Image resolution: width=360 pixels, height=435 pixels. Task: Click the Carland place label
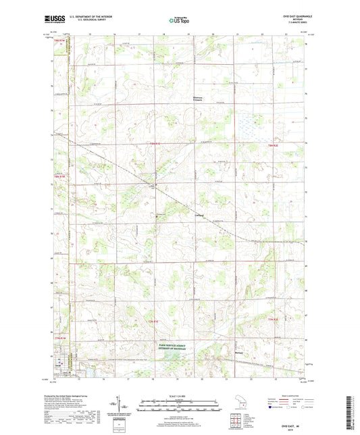click(x=199, y=216)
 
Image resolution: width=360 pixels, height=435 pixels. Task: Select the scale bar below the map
click(x=180, y=408)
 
